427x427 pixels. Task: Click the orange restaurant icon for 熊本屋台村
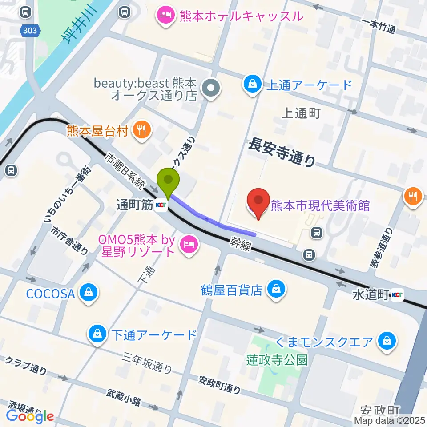tap(142, 130)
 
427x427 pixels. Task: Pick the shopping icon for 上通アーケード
tap(252, 84)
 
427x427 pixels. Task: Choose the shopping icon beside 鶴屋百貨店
tap(276, 290)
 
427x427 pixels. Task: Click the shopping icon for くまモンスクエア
tap(384, 342)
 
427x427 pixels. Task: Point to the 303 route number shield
tap(31, 30)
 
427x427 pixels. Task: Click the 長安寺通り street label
tap(282, 152)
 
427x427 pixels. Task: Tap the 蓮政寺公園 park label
tap(277, 359)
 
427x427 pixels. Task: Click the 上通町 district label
tap(301, 113)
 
